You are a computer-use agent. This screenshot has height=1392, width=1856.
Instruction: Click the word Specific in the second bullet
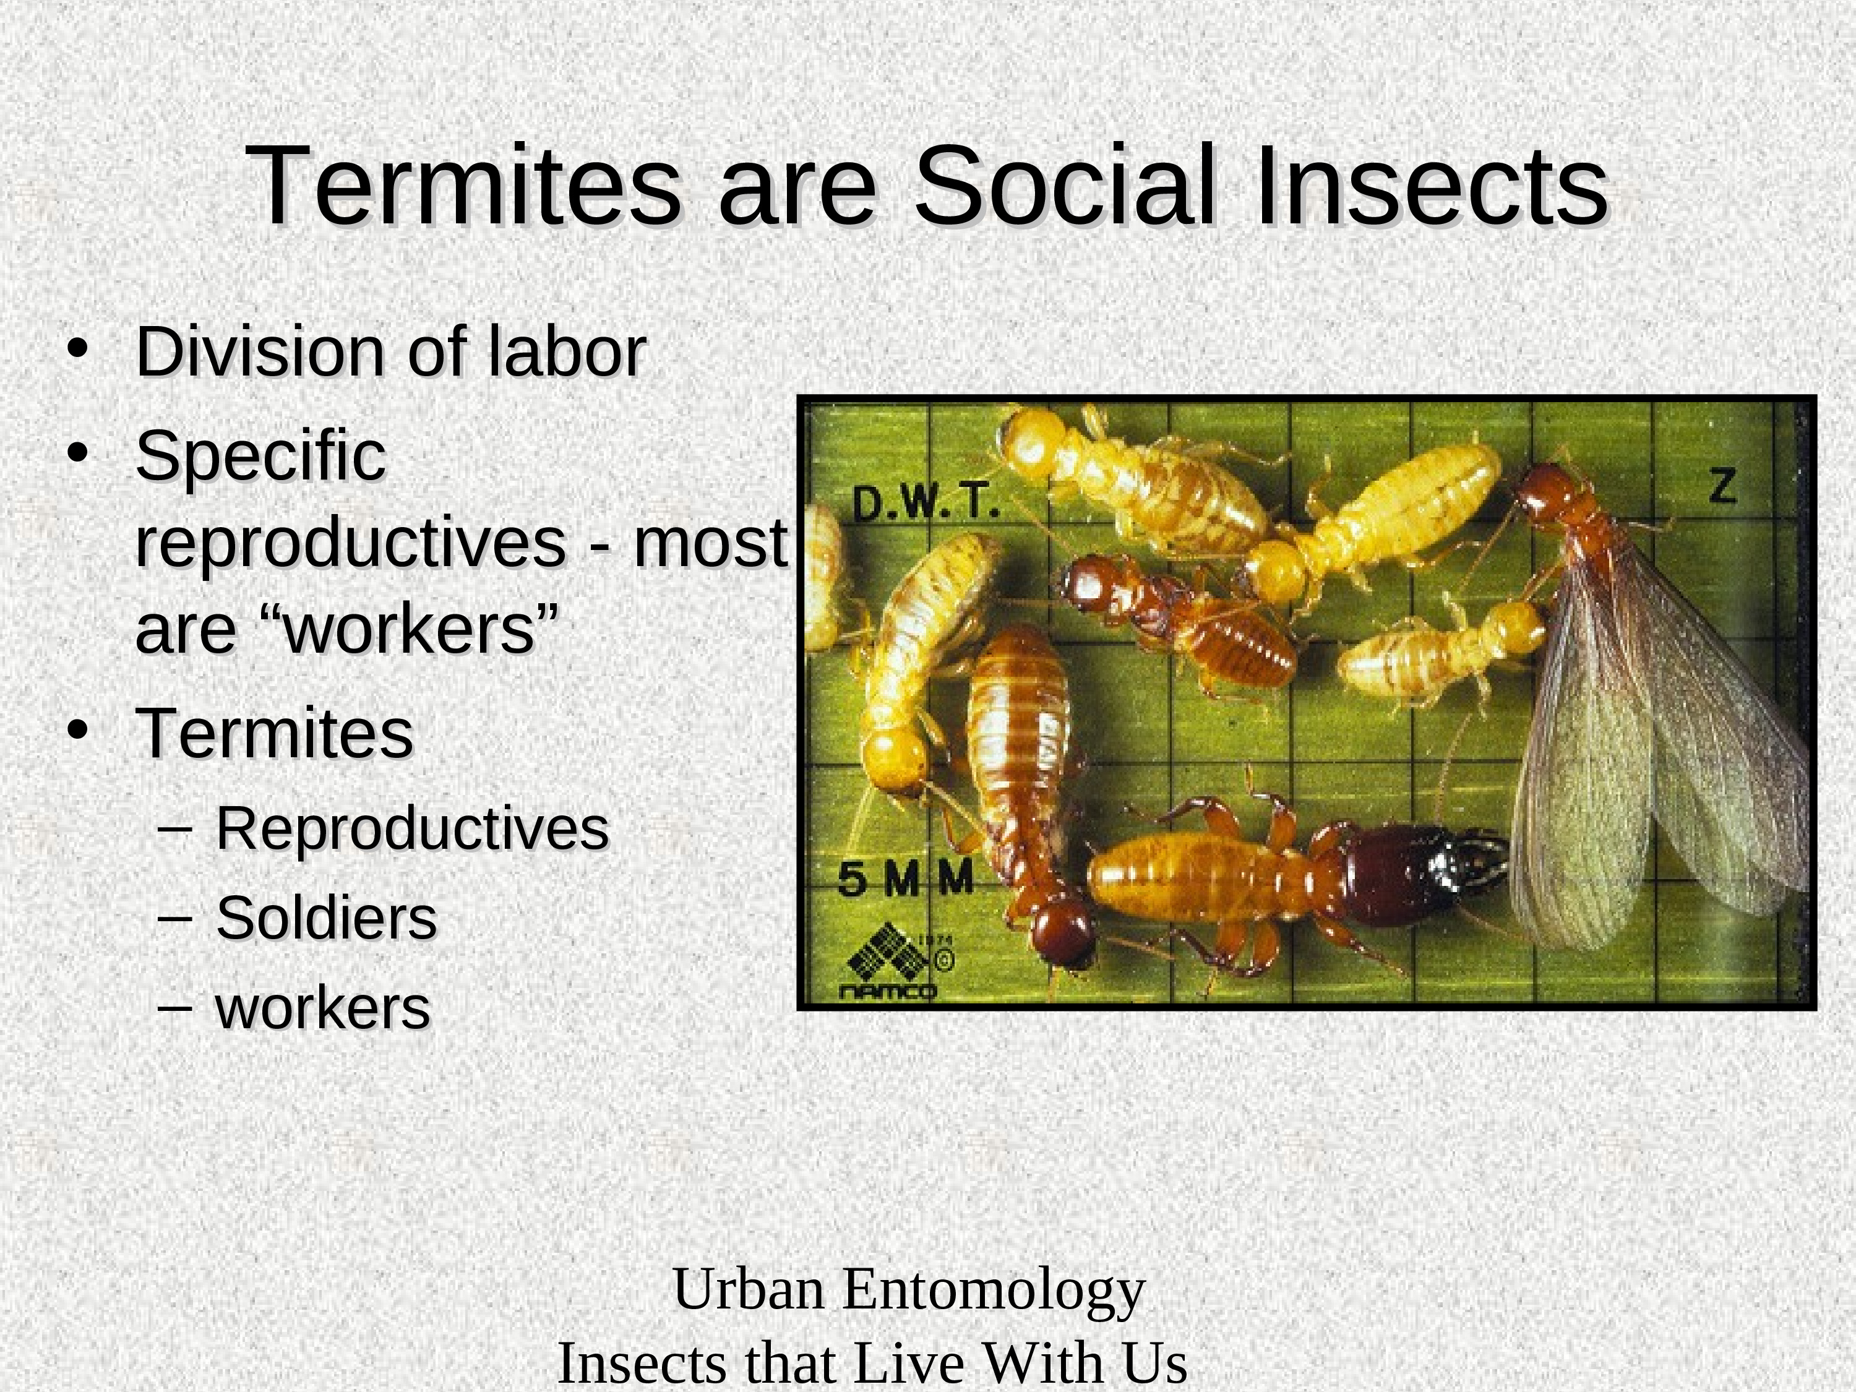[x=260, y=457]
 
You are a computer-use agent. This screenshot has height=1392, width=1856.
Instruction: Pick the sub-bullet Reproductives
[x=412, y=829]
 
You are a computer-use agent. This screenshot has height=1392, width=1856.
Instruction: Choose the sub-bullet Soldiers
[x=327, y=918]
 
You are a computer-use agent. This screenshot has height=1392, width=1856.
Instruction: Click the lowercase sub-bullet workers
[x=323, y=1007]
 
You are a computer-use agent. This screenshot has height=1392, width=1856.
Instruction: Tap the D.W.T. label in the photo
[x=926, y=504]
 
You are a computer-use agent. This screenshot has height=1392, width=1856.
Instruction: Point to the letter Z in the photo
[x=1722, y=485]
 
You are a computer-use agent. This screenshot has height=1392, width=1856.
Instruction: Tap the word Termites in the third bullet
[x=274, y=733]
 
